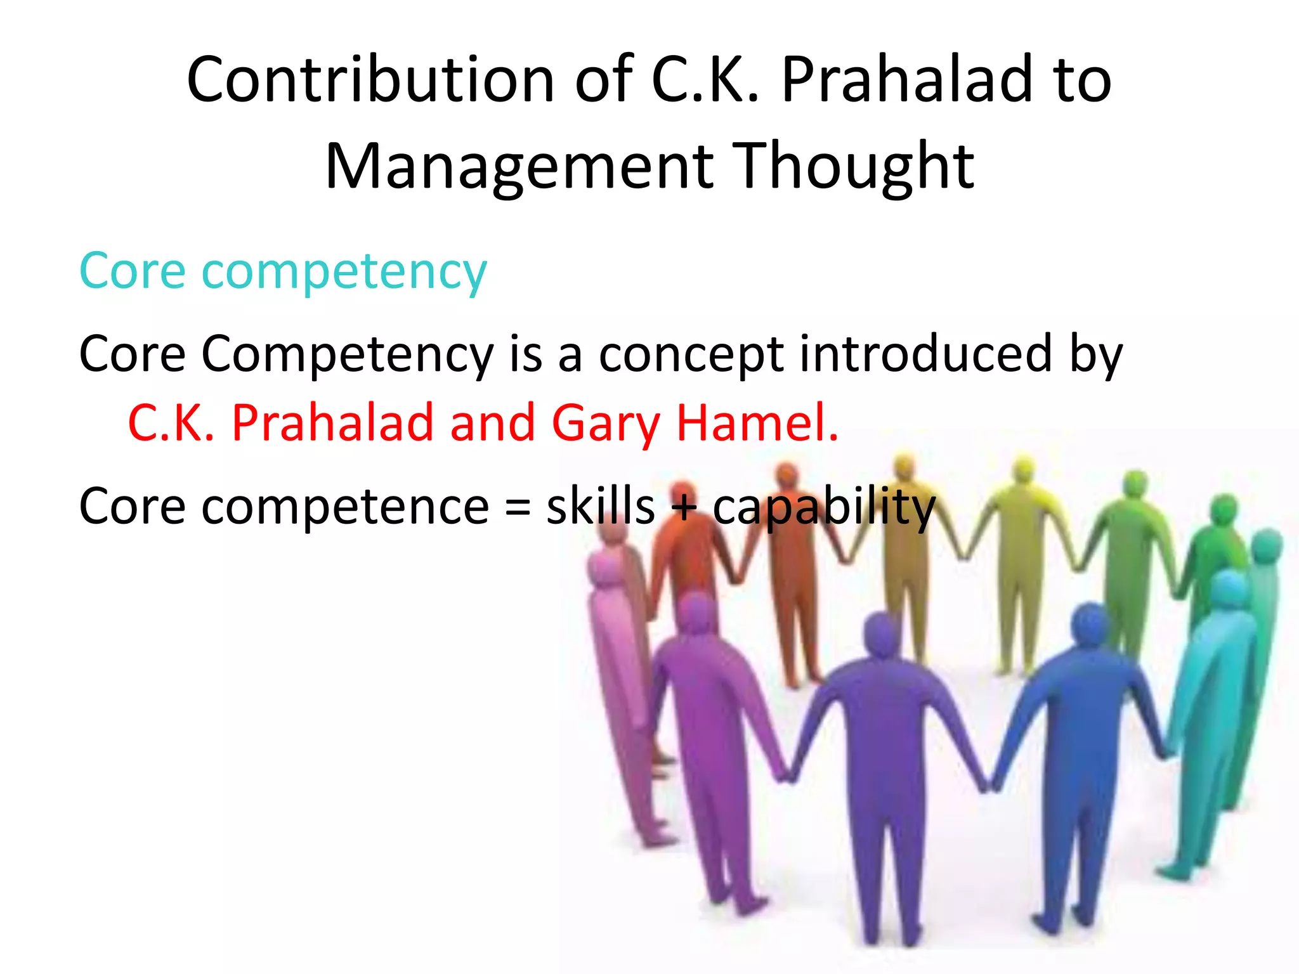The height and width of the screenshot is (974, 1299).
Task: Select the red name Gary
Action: coord(606,424)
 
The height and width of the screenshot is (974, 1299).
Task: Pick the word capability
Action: coord(824,507)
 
